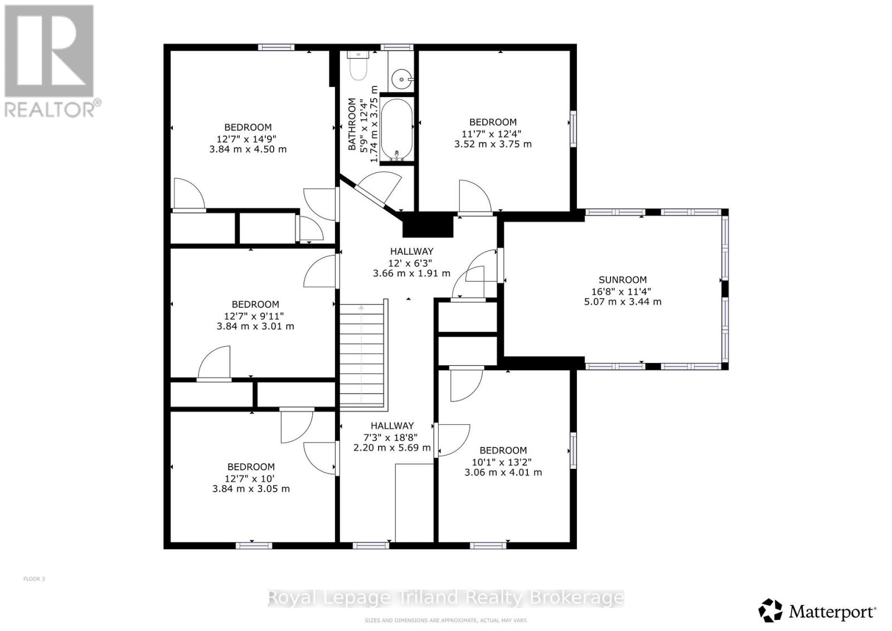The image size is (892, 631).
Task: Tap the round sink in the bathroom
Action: (401, 80)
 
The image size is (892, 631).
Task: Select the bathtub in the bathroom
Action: (397, 130)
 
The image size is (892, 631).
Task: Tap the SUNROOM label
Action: (623, 280)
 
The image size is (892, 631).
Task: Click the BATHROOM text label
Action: (352, 124)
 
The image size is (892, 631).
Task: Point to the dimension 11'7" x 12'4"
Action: (493, 133)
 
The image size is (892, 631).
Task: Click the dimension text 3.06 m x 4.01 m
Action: (503, 472)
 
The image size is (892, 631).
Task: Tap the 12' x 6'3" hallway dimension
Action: (411, 263)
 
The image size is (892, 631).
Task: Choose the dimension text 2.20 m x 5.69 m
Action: (392, 448)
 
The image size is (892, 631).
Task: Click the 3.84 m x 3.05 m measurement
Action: (251, 489)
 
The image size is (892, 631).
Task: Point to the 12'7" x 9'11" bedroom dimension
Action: (255, 315)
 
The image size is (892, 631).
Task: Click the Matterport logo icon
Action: (770, 610)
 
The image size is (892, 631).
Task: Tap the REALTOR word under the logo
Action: (50, 109)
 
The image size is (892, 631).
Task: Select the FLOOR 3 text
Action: (34, 579)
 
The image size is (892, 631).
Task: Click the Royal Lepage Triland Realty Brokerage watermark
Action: (446, 598)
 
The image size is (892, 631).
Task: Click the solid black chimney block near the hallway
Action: (428, 225)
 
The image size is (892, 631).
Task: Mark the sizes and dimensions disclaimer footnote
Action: (446, 620)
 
